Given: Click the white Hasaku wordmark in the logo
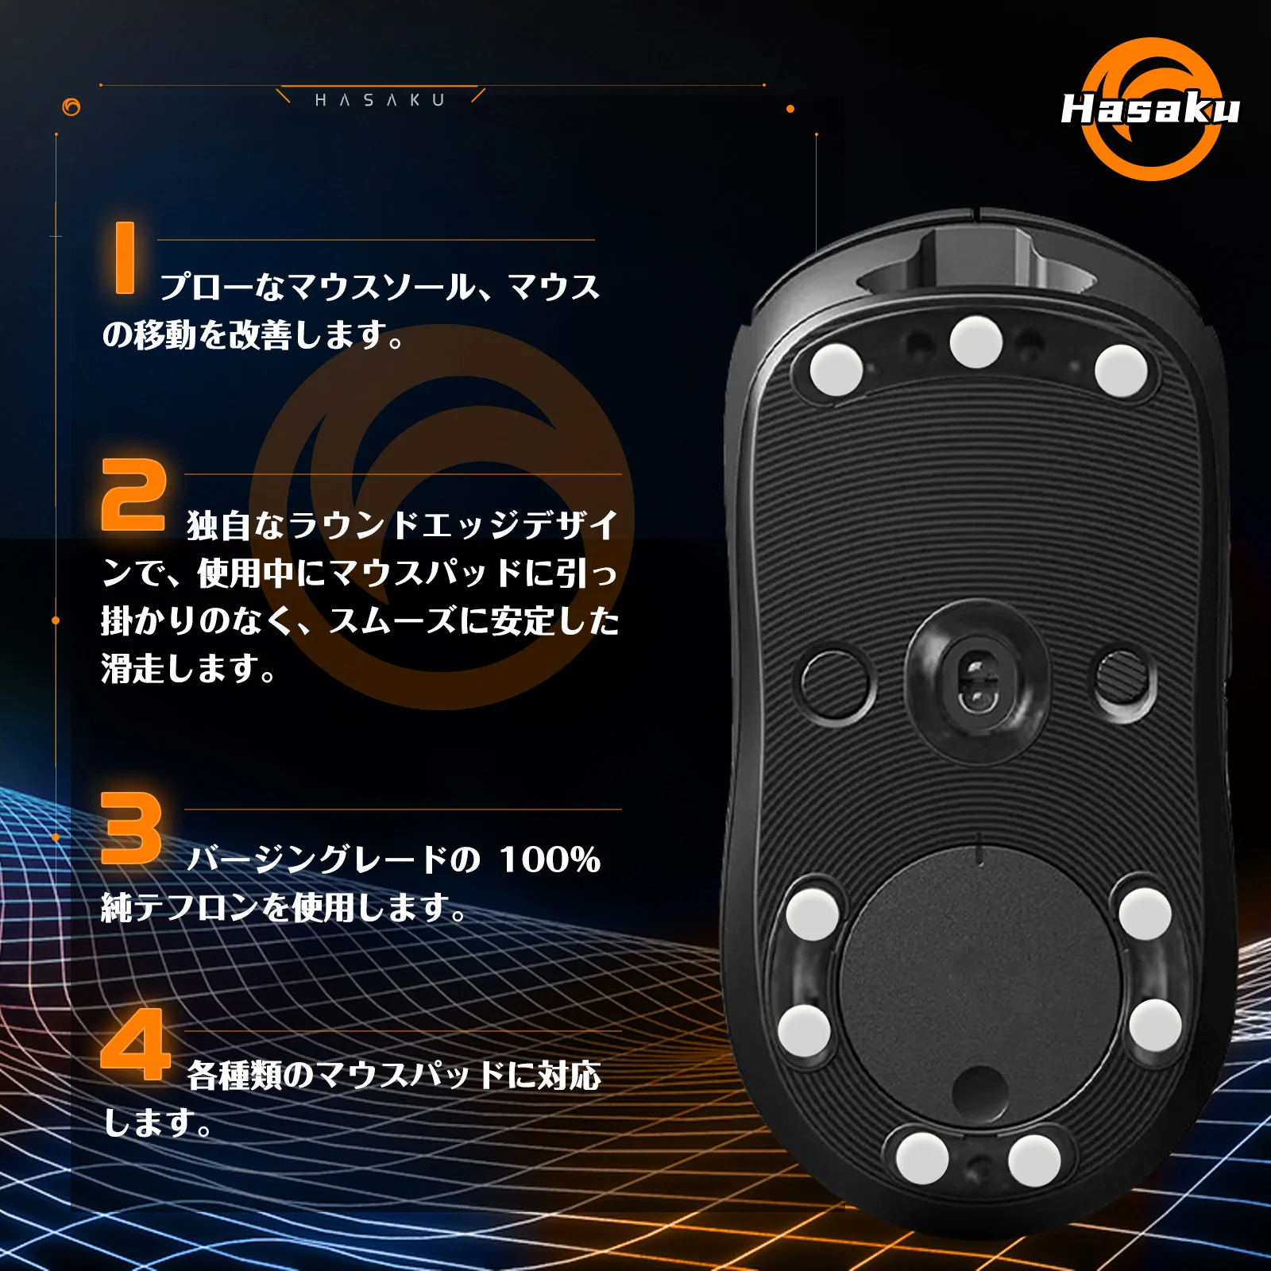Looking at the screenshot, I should (x=1149, y=109).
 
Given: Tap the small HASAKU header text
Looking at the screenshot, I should (x=380, y=100).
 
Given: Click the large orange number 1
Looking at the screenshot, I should (x=125, y=257).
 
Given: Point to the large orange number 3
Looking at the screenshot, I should (x=131, y=829).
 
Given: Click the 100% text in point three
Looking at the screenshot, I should (x=549, y=860).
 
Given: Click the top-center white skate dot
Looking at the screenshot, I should (x=976, y=342).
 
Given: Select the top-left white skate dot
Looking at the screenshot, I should (x=836, y=369).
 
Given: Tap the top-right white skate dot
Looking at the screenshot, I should (x=1121, y=370).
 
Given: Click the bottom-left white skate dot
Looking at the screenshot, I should (x=922, y=1157).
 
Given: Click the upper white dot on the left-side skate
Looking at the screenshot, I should (x=812, y=914).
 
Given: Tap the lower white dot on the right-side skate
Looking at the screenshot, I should (x=1155, y=1025).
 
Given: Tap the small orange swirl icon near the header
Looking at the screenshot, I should (x=71, y=107).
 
